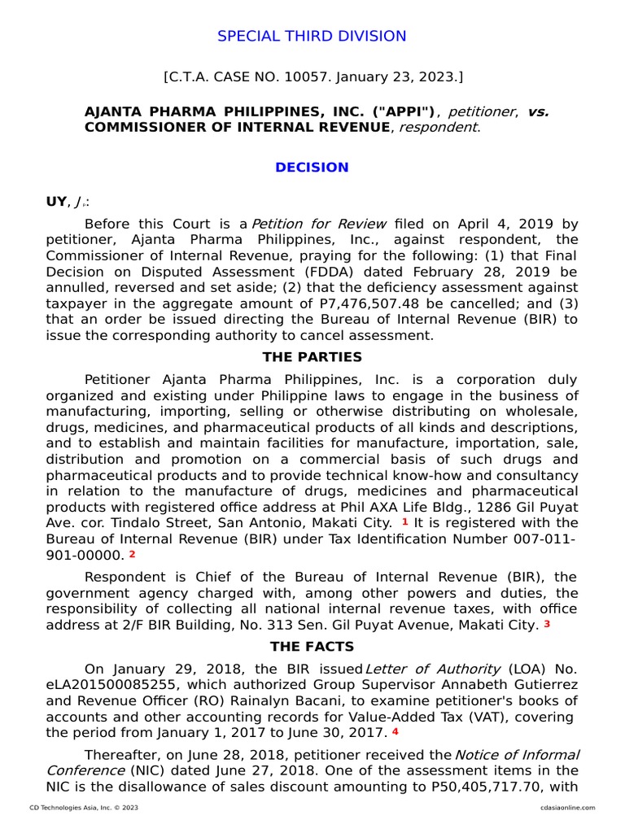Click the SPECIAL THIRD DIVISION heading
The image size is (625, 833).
pos(312,36)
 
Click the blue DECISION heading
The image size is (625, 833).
pos(312,168)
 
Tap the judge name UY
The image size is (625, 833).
pos(56,202)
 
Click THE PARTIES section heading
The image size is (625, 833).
pos(312,357)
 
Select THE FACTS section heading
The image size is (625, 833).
pos(312,647)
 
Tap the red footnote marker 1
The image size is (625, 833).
pos(404,521)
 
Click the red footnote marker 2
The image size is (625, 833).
pos(132,554)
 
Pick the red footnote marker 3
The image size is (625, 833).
pos(547,625)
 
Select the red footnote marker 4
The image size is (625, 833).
pos(396,731)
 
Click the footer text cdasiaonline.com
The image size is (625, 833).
pos(566,808)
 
